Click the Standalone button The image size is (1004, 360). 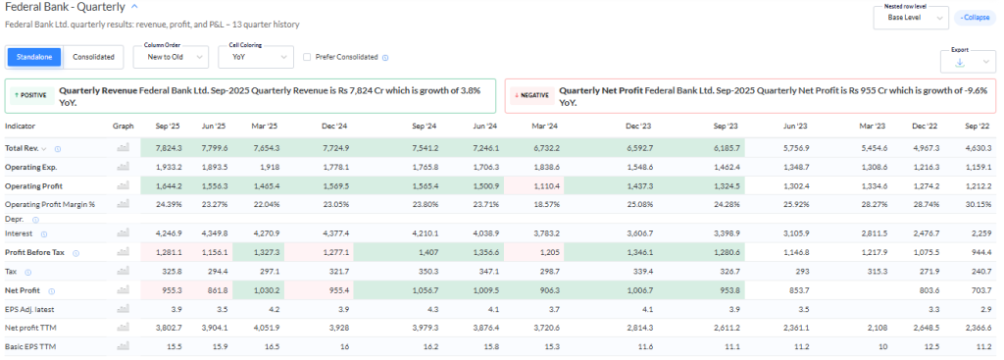(x=35, y=57)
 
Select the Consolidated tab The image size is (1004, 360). (x=93, y=57)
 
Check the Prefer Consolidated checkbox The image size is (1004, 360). (x=307, y=57)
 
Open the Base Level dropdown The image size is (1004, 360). (x=911, y=18)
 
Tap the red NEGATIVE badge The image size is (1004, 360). (x=530, y=95)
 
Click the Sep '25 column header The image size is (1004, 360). (x=167, y=127)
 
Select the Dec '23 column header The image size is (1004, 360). (x=640, y=127)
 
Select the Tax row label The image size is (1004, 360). (x=11, y=270)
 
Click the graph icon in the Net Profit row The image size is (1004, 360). (x=123, y=291)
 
